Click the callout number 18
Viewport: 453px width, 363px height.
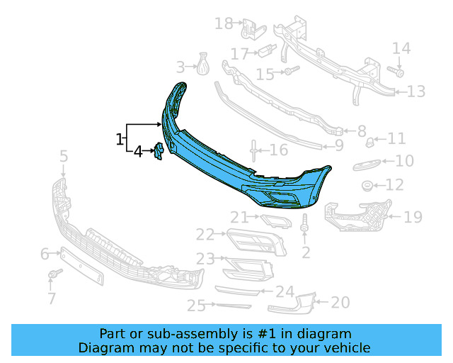(224, 23)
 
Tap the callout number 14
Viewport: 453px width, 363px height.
(401, 48)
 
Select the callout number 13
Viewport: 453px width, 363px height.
(415, 91)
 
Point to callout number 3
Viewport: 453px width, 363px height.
(180, 67)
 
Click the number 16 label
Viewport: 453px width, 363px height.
(279, 150)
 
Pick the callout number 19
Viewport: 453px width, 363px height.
(412, 216)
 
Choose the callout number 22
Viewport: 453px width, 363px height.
(205, 234)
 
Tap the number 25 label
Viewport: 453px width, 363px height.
(196, 306)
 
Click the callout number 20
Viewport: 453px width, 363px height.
(340, 303)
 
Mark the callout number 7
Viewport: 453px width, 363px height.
(52, 298)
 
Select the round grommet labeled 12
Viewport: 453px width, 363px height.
(367, 186)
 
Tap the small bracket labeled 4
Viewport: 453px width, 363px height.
(159, 150)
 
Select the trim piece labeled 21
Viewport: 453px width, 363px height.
(275, 221)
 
